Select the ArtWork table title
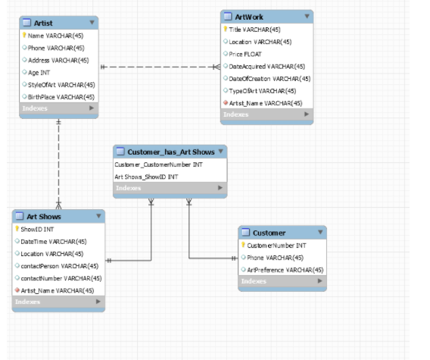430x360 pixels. click(x=250, y=17)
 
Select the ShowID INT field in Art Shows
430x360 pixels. click(x=38, y=229)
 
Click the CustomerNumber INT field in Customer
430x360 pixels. click(x=277, y=246)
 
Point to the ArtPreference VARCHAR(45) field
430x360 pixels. click(x=285, y=270)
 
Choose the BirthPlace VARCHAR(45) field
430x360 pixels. click(x=61, y=96)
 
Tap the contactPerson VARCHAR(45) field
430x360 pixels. click(x=59, y=266)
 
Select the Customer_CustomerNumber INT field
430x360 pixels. click(x=158, y=164)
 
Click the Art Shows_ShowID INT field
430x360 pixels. click(x=146, y=177)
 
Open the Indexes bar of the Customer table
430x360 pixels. click(x=282, y=282)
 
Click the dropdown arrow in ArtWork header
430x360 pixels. click(x=304, y=17)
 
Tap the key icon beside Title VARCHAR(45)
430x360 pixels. click(x=226, y=30)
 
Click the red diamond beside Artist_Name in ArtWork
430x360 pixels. click(x=226, y=103)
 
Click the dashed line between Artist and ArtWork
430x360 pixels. click(x=159, y=67)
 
